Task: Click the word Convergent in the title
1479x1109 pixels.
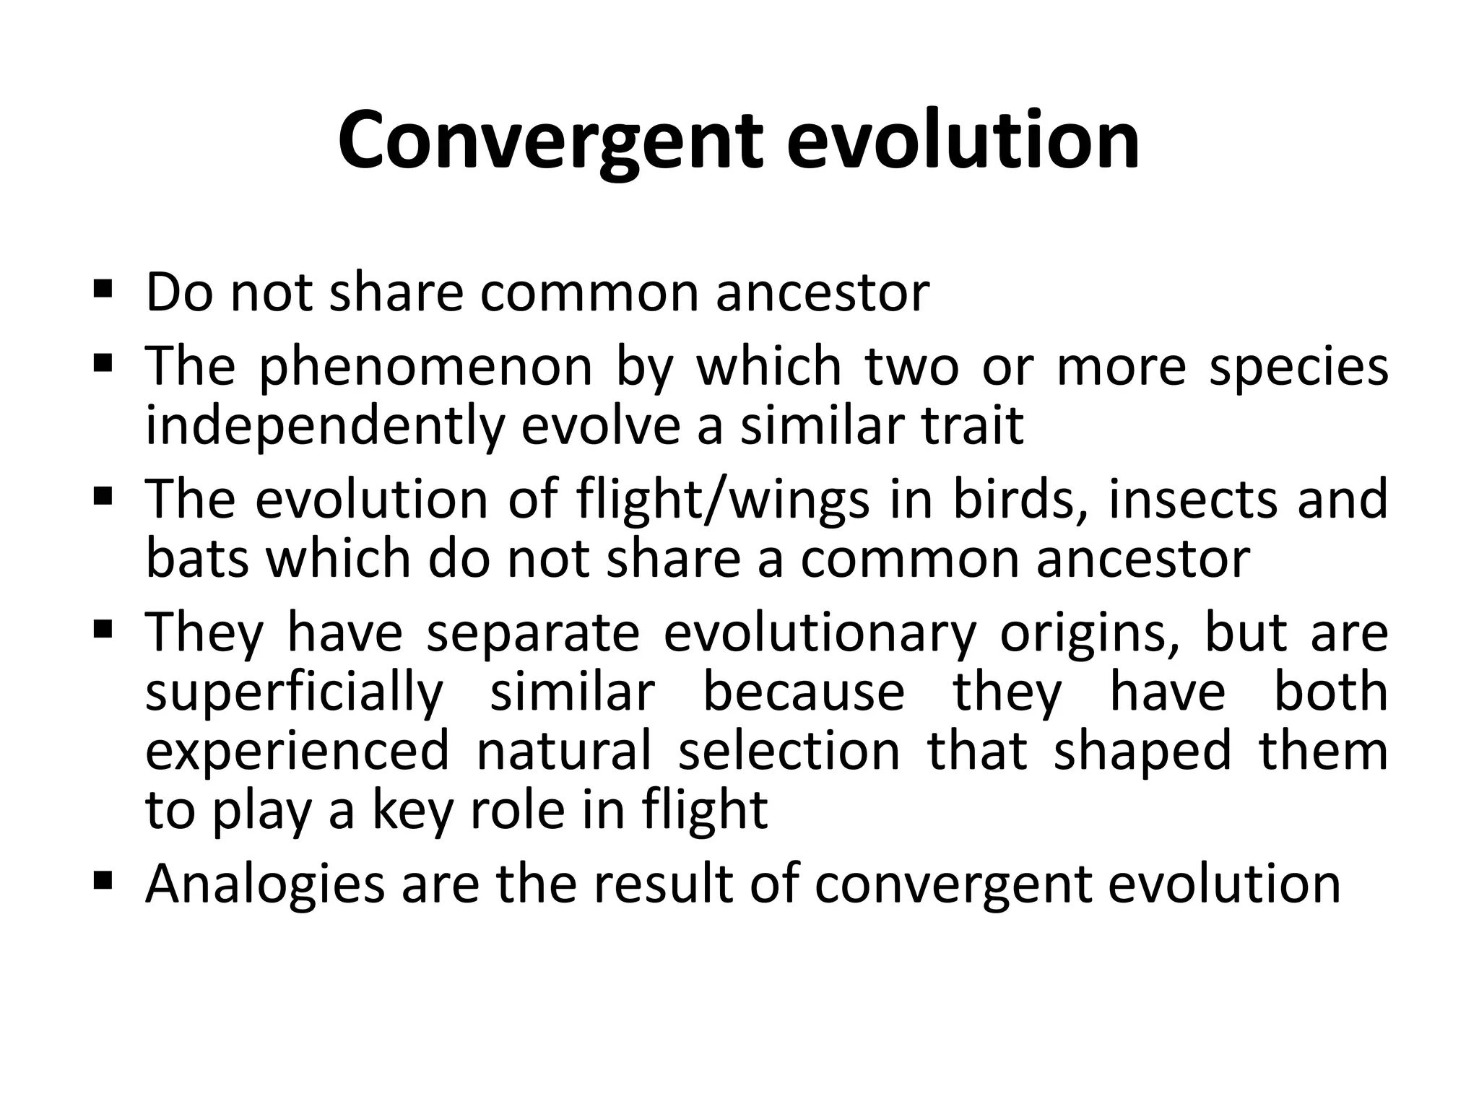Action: pos(550,141)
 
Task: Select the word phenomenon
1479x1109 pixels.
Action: pos(425,367)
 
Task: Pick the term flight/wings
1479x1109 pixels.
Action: pos(723,500)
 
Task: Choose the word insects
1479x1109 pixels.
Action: pos(1194,499)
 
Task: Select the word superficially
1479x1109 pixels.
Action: pos(294,693)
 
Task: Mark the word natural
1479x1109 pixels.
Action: pos(564,751)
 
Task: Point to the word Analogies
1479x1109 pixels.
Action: pos(265,884)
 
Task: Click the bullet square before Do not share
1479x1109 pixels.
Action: pos(103,290)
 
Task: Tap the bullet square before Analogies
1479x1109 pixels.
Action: pos(103,879)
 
